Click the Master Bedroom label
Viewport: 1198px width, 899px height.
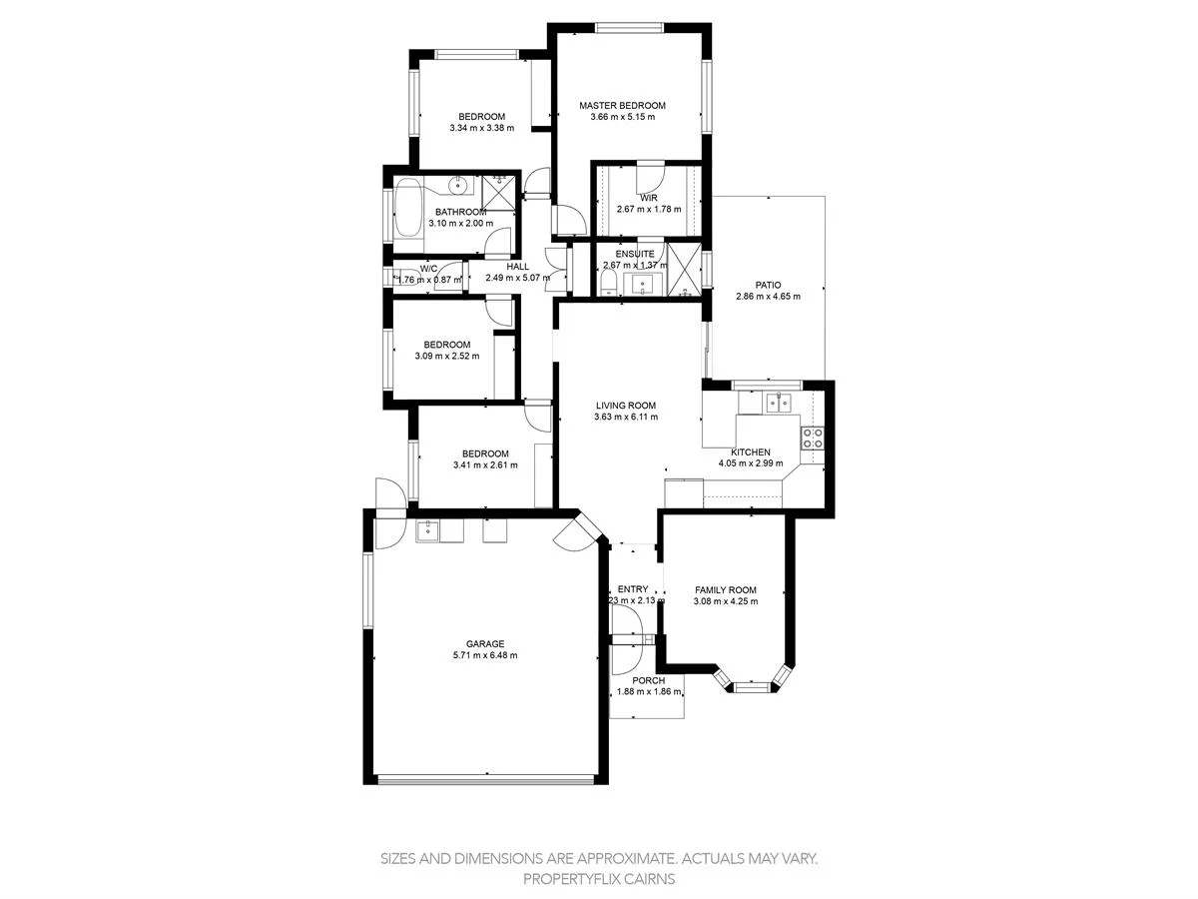[622, 105]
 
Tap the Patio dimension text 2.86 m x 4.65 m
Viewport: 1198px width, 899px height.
[768, 296]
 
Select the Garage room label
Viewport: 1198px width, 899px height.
[485, 643]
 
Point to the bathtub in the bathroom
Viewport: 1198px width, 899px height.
[408, 208]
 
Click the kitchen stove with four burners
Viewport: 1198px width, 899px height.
[813, 437]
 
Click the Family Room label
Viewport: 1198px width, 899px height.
[726, 589]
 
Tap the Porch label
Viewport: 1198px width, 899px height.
[648, 680]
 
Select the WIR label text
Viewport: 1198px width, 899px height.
[648, 198]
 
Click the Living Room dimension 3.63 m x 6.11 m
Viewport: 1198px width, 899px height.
[625, 418]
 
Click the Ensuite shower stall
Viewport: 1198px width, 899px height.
[683, 270]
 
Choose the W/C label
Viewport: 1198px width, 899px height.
[428, 268]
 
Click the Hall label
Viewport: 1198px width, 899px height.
[517, 266]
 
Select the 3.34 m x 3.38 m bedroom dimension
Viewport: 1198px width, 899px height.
[482, 127]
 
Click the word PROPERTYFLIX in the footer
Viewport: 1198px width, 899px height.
[569, 879]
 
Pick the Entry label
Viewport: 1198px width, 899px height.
[633, 588]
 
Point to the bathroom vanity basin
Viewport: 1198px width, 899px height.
[459, 185]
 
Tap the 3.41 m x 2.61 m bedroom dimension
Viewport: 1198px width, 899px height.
[485, 464]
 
